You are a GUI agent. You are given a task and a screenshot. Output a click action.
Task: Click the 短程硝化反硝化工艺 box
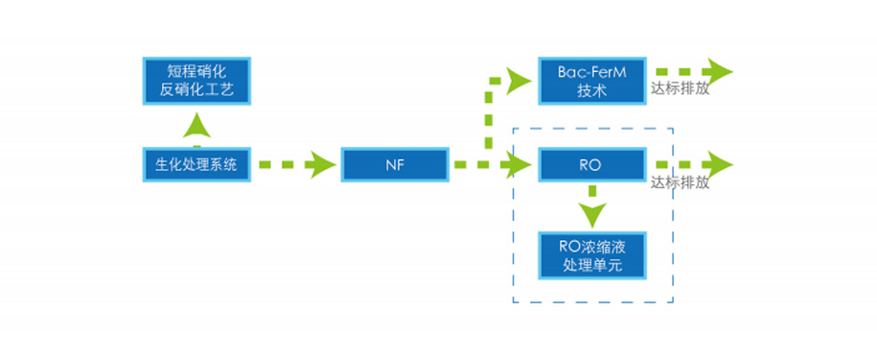click(x=196, y=81)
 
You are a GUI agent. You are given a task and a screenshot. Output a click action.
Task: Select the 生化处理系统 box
click(x=196, y=164)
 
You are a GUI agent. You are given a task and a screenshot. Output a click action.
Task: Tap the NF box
click(x=395, y=164)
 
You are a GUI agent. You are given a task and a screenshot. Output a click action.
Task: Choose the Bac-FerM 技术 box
click(x=591, y=81)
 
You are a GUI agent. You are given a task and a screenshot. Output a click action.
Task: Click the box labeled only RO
click(x=591, y=164)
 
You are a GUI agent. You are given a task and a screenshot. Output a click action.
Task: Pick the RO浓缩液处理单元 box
click(x=591, y=255)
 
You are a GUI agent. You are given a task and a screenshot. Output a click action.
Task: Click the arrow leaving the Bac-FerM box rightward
click(x=694, y=72)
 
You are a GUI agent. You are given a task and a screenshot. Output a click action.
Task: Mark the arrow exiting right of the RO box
click(x=694, y=164)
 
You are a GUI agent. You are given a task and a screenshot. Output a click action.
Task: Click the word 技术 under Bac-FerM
click(x=591, y=91)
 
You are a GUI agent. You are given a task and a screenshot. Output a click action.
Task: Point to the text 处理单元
click(x=591, y=266)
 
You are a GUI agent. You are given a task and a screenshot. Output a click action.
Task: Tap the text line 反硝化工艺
click(x=196, y=91)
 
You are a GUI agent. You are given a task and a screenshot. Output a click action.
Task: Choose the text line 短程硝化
click(x=196, y=71)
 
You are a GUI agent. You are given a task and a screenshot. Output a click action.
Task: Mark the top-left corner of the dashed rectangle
click(x=514, y=128)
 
